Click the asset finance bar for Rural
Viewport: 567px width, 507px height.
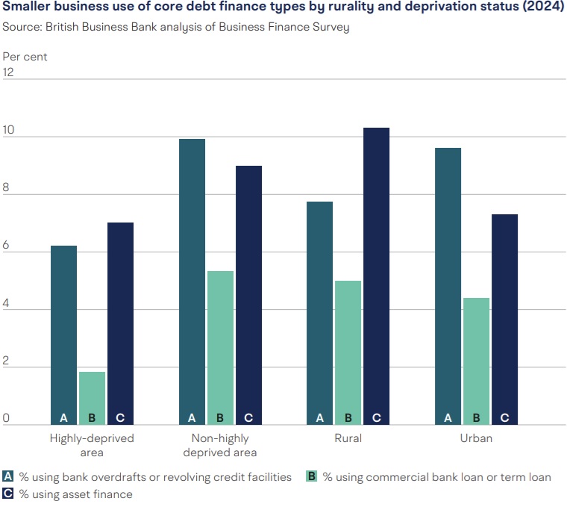pos(376,276)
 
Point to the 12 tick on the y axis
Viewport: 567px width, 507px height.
pos(9,72)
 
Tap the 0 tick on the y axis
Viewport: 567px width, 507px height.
pos(7,418)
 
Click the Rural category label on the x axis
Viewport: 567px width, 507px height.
pos(348,438)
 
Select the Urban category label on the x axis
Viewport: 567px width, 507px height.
pos(476,438)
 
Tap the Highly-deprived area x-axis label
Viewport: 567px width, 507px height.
pos(92,445)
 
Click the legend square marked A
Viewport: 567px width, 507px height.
pos(8,476)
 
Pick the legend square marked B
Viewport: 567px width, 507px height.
pos(312,476)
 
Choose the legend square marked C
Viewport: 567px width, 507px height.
pos(8,494)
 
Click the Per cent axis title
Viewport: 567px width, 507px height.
pos(25,56)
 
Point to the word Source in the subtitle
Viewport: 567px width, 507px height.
pos(21,28)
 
